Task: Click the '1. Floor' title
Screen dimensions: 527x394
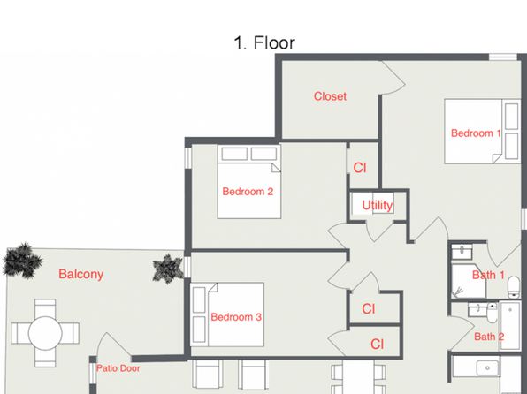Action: point(264,43)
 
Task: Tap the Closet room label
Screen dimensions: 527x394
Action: point(330,96)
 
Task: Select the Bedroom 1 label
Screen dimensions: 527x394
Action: point(476,133)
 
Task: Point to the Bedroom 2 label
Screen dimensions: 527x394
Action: point(248,192)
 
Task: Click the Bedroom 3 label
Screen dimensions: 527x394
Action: point(236,317)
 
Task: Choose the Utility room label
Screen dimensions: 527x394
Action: point(377,205)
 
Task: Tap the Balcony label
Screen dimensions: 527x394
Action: point(81,274)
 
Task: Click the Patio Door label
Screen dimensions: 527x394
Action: point(118,368)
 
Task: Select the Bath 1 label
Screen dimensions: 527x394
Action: point(488,275)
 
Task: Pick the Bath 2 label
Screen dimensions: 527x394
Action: point(489,337)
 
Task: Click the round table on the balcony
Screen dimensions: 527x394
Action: point(45,333)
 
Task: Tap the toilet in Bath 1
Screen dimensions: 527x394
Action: point(514,287)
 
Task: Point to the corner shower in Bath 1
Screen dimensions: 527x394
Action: point(469,282)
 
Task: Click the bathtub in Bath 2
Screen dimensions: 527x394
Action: point(510,325)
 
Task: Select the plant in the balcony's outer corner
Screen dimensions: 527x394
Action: point(22,261)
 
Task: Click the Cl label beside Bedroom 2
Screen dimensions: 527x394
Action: point(360,168)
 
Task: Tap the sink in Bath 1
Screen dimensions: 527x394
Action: point(462,251)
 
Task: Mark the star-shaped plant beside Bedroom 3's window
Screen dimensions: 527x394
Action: point(168,269)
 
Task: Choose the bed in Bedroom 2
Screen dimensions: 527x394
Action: point(249,181)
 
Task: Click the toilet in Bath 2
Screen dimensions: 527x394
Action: point(492,313)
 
